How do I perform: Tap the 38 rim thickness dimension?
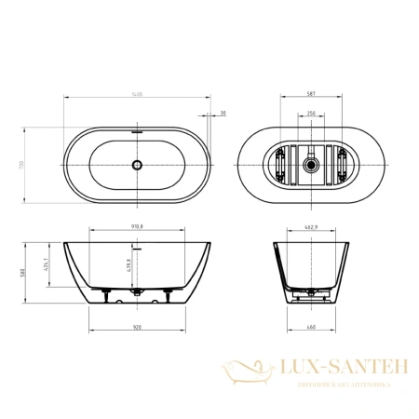(x=223, y=114)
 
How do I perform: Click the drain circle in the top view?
(x=137, y=165)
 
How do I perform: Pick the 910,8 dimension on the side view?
(x=137, y=224)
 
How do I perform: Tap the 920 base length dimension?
(x=137, y=328)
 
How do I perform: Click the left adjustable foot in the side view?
(x=109, y=300)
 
